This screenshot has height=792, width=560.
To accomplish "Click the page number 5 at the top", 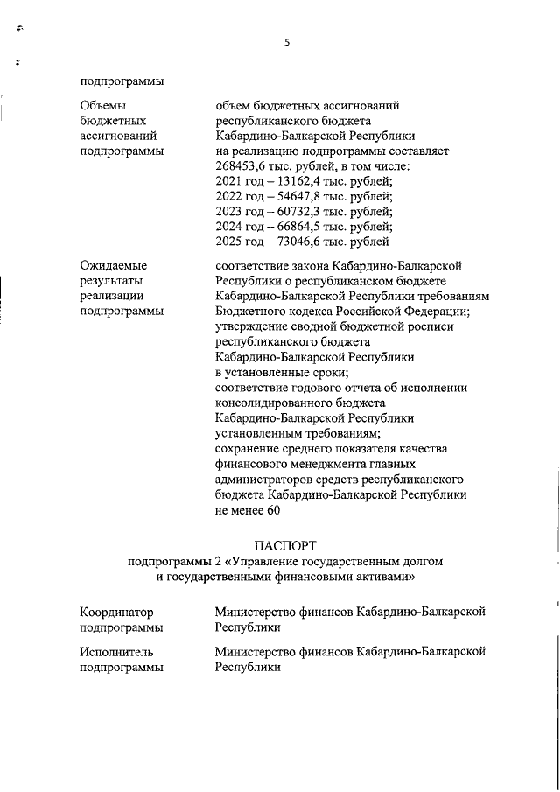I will tap(286, 41).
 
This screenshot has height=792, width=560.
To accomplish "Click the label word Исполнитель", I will tap(116, 652).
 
